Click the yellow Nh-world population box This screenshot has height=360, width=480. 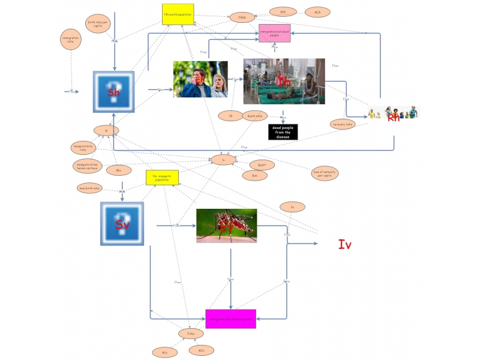178,14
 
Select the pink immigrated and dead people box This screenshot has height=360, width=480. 274,33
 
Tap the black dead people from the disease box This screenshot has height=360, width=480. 283,132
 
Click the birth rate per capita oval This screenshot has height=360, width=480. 98,25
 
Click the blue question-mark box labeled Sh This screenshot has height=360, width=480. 113,92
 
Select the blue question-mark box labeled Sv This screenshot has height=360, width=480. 122,223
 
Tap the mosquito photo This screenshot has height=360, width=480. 226,226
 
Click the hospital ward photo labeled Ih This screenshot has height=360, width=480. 284,82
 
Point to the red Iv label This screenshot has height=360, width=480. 344,244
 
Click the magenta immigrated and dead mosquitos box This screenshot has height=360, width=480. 230,319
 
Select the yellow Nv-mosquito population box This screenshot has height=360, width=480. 163,178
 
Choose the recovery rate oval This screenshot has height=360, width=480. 343,124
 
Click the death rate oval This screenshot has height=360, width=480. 255,115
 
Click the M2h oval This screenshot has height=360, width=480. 317,12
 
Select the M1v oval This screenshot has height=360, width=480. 164,352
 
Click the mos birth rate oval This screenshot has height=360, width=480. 90,188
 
